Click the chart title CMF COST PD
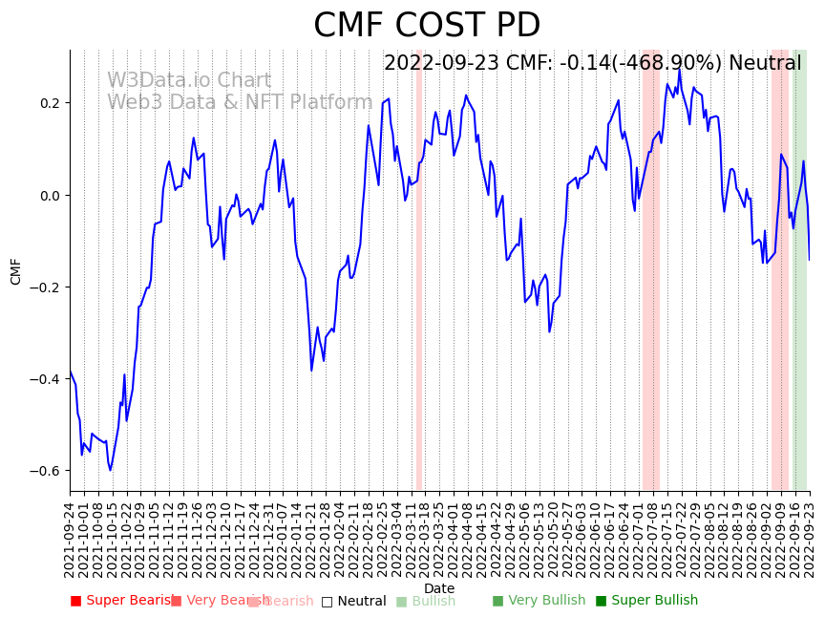427,26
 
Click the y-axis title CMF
15,271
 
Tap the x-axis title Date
439,588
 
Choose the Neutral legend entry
354,601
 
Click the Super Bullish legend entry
647,601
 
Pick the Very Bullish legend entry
539,601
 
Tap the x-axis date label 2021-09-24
70,539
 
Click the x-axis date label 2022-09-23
810,539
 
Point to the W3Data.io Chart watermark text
189,81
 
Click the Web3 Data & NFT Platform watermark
240,102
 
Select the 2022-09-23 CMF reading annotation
592,64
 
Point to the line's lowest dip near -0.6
110,470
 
